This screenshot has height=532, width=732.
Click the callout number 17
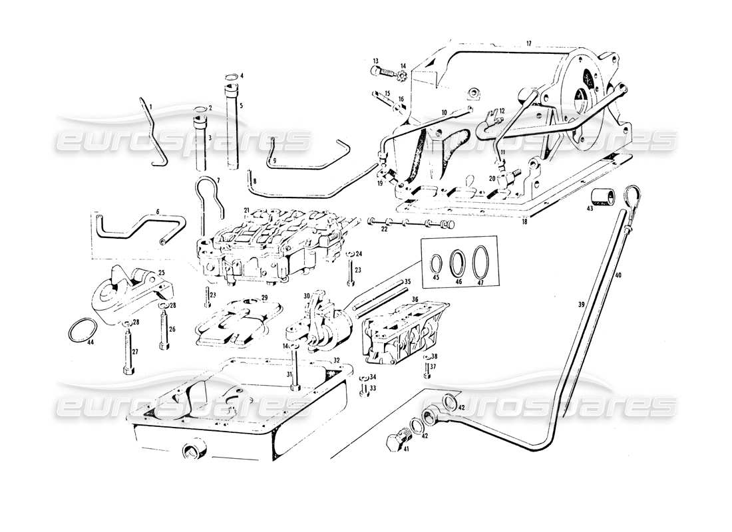coord(528,44)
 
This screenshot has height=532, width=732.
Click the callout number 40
coord(619,275)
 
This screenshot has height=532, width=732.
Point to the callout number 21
coord(246,210)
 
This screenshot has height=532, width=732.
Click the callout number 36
coord(415,299)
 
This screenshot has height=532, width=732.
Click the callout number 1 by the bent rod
coord(151,106)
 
